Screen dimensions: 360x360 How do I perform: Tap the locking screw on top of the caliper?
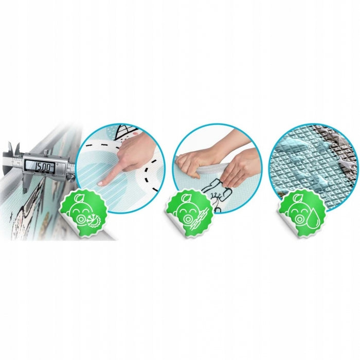[x=46, y=152]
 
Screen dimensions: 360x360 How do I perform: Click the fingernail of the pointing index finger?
[x=100, y=184]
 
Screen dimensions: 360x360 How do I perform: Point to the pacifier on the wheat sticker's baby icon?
[x=188, y=219]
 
